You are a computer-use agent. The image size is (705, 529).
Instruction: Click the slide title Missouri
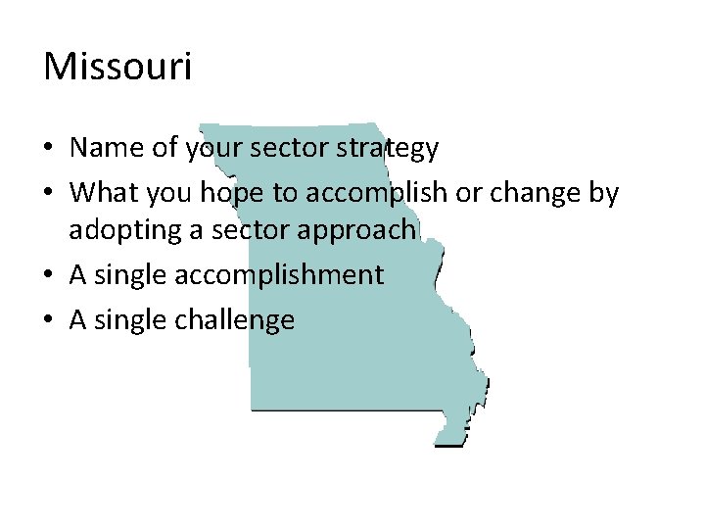(117, 68)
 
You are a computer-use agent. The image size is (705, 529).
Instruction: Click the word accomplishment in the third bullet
(279, 275)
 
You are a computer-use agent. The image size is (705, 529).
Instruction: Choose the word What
(105, 193)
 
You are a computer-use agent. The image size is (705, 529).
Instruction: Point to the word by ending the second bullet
(604, 194)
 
